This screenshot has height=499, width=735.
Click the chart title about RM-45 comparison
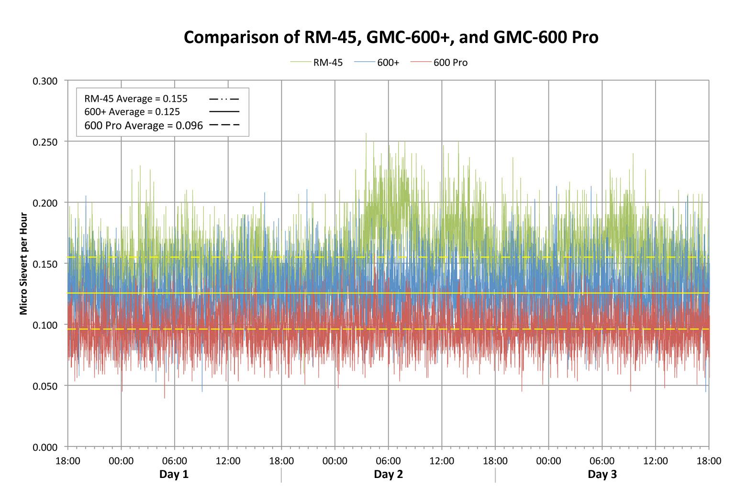pyautogui.click(x=391, y=37)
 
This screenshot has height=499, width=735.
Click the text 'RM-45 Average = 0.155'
pyautogui.click(x=136, y=99)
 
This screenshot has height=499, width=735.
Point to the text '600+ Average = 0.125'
pyautogui.click(x=132, y=112)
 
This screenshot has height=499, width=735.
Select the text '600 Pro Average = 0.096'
pyautogui.click(x=144, y=125)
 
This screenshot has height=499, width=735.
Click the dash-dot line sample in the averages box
pyautogui.click(x=224, y=99)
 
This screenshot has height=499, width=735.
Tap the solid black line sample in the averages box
pyautogui.click(x=224, y=111)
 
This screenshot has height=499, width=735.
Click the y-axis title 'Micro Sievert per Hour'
pyautogui.click(x=23, y=262)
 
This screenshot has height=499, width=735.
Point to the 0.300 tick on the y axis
pyautogui.click(x=45, y=81)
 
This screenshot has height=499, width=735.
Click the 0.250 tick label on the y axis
pyautogui.click(x=45, y=142)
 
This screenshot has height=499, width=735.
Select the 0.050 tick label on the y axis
pyautogui.click(x=45, y=386)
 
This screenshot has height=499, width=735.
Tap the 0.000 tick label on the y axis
pyautogui.click(x=45, y=447)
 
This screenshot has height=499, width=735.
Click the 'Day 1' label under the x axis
pyautogui.click(x=174, y=474)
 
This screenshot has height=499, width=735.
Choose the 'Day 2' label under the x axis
pyautogui.click(x=388, y=474)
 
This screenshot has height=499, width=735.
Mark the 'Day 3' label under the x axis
pyautogui.click(x=602, y=474)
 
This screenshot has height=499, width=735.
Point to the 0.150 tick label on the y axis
pyautogui.click(x=45, y=264)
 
